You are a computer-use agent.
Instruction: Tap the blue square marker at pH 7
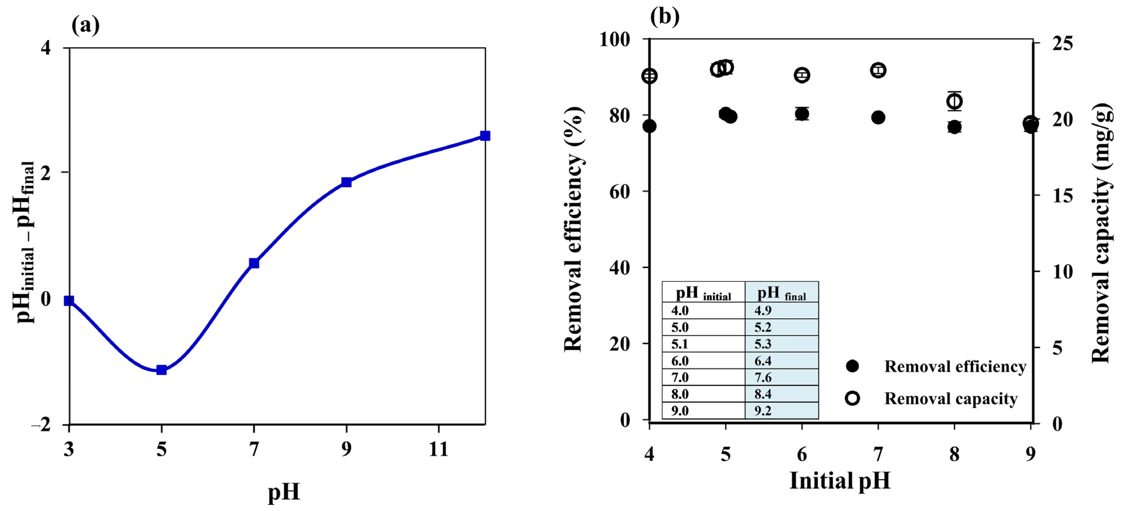[x=254, y=263]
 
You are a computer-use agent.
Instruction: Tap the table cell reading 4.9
[x=763, y=311]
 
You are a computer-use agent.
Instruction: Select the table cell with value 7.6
[x=763, y=377]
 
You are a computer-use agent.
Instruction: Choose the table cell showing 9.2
[x=763, y=411]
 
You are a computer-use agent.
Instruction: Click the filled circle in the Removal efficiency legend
[x=852, y=366]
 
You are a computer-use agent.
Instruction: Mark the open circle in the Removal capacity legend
[x=852, y=398]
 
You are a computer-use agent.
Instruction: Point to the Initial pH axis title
[x=840, y=481]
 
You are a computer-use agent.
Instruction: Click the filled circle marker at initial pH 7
[x=878, y=117]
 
